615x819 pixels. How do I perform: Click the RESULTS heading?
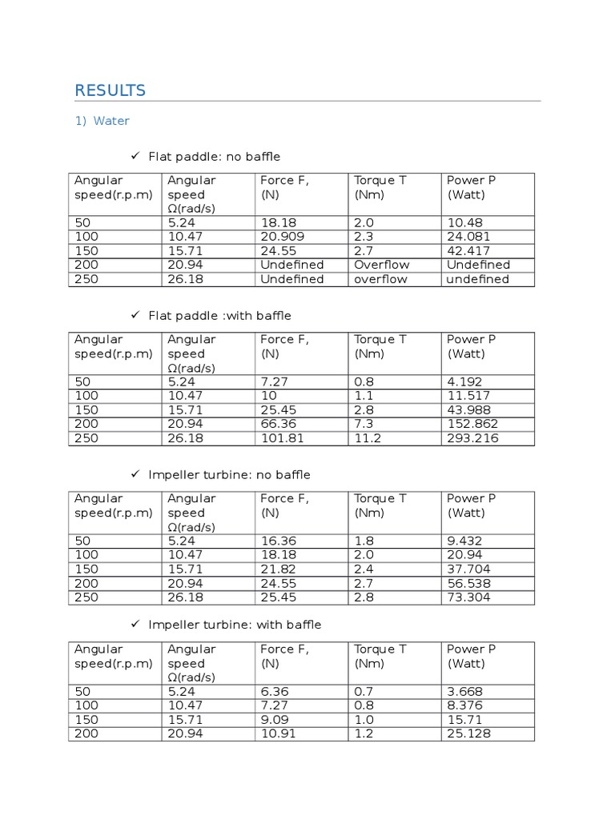[x=111, y=90]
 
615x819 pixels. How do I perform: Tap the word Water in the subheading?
[x=111, y=122]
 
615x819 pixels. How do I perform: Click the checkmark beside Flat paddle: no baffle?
[x=135, y=156]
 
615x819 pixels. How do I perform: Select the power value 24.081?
[x=467, y=237]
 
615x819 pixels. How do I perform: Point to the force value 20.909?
[x=281, y=237]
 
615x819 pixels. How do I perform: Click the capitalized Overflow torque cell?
[x=382, y=265]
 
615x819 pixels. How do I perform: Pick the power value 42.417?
[x=468, y=250]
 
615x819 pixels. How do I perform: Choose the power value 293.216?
[x=472, y=438]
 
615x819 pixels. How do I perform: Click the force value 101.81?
[x=283, y=438]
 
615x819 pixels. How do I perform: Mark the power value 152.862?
[x=472, y=424]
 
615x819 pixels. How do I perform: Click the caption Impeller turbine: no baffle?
[x=229, y=475]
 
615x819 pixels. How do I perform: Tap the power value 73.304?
[x=468, y=597]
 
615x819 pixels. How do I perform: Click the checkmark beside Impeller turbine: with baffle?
[x=135, y=624]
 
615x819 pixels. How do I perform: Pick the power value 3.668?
[x=464, y=692]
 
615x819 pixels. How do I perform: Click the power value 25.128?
[x=468, y=733]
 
